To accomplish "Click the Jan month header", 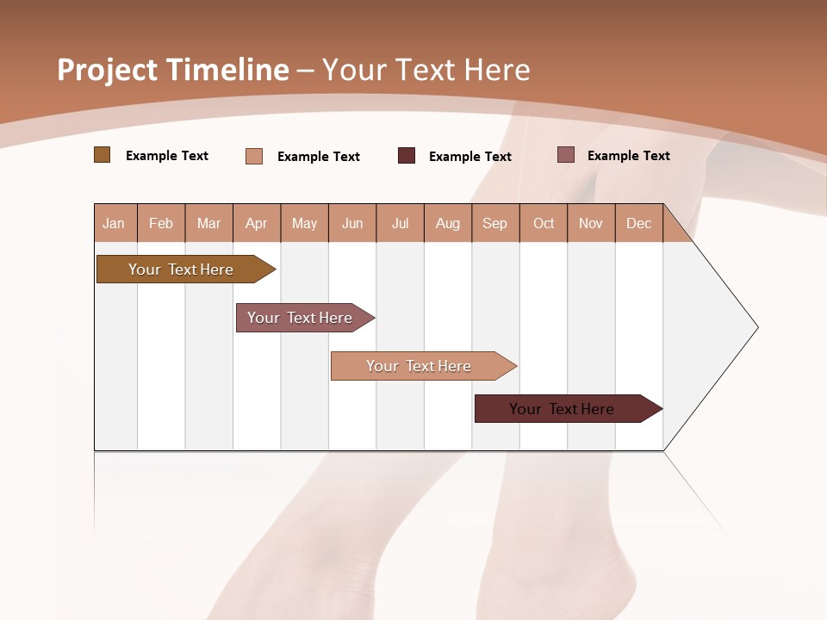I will coord(114,223).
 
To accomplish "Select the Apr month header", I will coord(256,223).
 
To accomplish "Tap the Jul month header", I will coord(400,223).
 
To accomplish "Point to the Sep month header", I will coord(494,223).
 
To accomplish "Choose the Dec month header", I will coord(638,223).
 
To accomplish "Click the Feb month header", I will coord(161,223).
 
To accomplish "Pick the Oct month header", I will coord(544,223).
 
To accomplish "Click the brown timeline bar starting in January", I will coord(181,270).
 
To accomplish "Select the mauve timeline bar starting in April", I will coord(300,318).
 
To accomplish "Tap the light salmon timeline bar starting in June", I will coord(419,366).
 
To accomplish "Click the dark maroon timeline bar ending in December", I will coord(562,409).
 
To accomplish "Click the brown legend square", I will coord(102,155).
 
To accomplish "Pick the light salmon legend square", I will coord(253,156).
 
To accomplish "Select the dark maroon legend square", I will coord(407,156).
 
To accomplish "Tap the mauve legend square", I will coord(565,155).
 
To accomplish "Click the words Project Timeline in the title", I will coord(172,70).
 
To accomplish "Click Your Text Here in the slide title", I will coord(426,70).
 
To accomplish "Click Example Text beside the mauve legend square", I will coord(628,156).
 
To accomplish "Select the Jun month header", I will coord(352,223).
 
